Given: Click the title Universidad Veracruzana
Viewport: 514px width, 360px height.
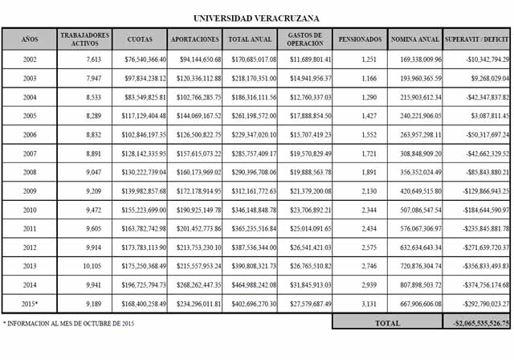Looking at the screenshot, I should pyautogui.click(x=256, y=16).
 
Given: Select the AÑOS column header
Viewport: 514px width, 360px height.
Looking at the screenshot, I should pyautogui.click(x=30, y=39).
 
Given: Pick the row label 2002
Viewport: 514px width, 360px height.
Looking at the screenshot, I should pyautogui.click(x=30, y=59).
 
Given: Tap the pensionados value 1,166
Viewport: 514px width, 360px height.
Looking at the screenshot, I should pyautogui.click(x=368, y=79).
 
